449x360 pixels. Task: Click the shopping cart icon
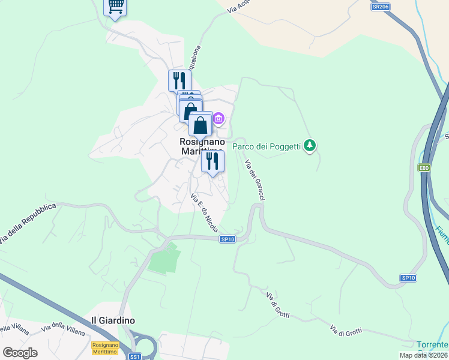tap(115, 7)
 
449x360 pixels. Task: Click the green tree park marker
tap(310, 145)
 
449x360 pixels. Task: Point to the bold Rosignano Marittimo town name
tap(202, 146)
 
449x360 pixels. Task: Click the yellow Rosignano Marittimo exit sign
tap(105, 347)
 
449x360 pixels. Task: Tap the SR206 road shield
tap(381, 7)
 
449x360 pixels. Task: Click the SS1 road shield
tap(134, 356)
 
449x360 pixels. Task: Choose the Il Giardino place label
tap(112, 320)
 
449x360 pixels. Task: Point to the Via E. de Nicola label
tap(204, 214)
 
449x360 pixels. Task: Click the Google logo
tap(20, 352)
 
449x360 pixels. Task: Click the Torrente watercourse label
tap(432, 344)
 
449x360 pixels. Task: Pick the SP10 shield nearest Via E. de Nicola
tap(227, 239)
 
